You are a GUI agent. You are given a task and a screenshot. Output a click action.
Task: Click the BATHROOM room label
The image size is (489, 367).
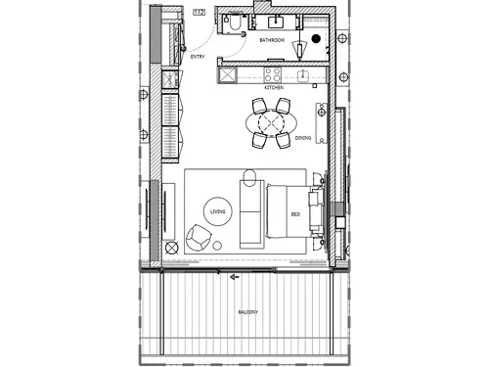[272, 41]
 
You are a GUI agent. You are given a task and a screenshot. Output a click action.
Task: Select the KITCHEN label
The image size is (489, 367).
[273, 88]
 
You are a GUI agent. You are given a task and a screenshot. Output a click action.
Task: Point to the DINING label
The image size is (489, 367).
[303, 138]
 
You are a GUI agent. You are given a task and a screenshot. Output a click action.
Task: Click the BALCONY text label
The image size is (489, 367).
[247, 312]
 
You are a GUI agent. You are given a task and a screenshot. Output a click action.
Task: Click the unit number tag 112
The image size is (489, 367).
[199, 12]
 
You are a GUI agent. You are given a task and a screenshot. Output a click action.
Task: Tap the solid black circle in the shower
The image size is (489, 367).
[315, 40]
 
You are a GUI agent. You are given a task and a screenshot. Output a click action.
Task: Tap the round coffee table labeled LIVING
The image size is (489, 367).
[217, 211]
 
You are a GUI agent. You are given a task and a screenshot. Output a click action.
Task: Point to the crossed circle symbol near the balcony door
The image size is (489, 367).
[173, 249]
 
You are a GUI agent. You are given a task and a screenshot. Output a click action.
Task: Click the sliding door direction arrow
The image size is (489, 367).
[234, 277]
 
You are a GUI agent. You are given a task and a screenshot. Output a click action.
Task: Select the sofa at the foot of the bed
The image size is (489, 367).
[249, 213]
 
